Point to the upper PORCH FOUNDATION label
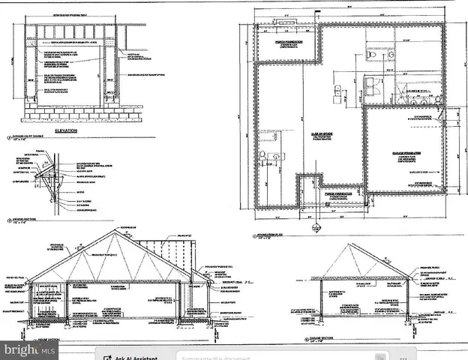[x=283, y=43]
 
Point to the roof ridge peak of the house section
[x=113, y=231]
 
